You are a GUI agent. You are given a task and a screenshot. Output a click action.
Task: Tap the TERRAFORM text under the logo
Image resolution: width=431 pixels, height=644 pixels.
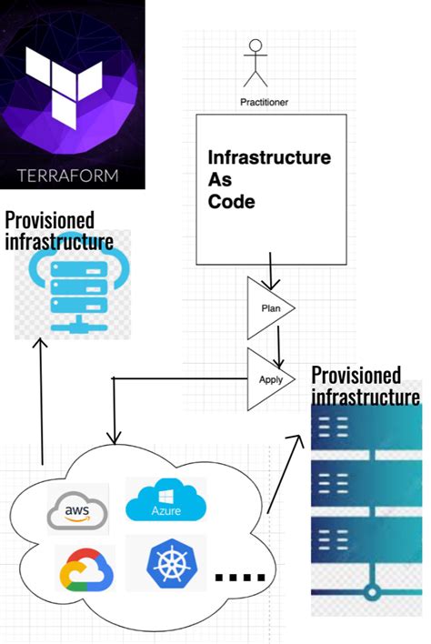pos(72,173)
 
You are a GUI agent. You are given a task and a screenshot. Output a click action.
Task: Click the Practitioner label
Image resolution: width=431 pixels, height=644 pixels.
pos(263,102)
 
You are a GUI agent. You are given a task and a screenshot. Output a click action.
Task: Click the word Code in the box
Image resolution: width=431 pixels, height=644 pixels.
pos(231,201)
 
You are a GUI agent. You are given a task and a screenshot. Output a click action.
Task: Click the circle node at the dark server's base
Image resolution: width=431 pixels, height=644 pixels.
pos(370,593)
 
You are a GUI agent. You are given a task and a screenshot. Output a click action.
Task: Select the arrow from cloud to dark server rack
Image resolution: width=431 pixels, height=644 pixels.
pos(287,473)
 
